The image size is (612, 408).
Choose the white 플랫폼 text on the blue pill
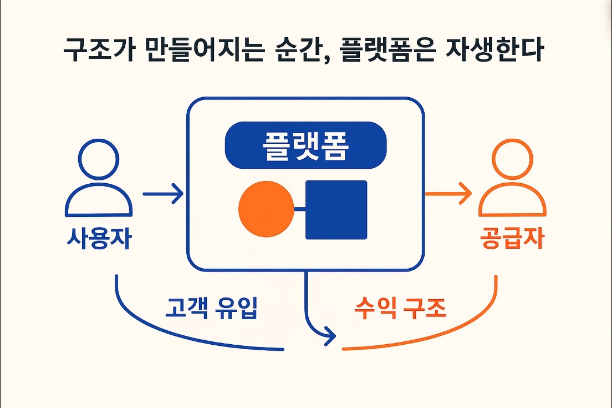click(306, 145)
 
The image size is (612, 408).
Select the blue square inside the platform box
click(336, 210)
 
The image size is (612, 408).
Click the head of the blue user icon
click(99, 159)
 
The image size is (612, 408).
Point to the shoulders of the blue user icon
click(99, 203)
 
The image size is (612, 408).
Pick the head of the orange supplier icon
click(512, 159)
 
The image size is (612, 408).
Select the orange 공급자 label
click(512, 239)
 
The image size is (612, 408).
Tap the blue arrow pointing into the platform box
click(163, 194)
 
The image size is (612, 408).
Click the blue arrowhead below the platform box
click(330, 335)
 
